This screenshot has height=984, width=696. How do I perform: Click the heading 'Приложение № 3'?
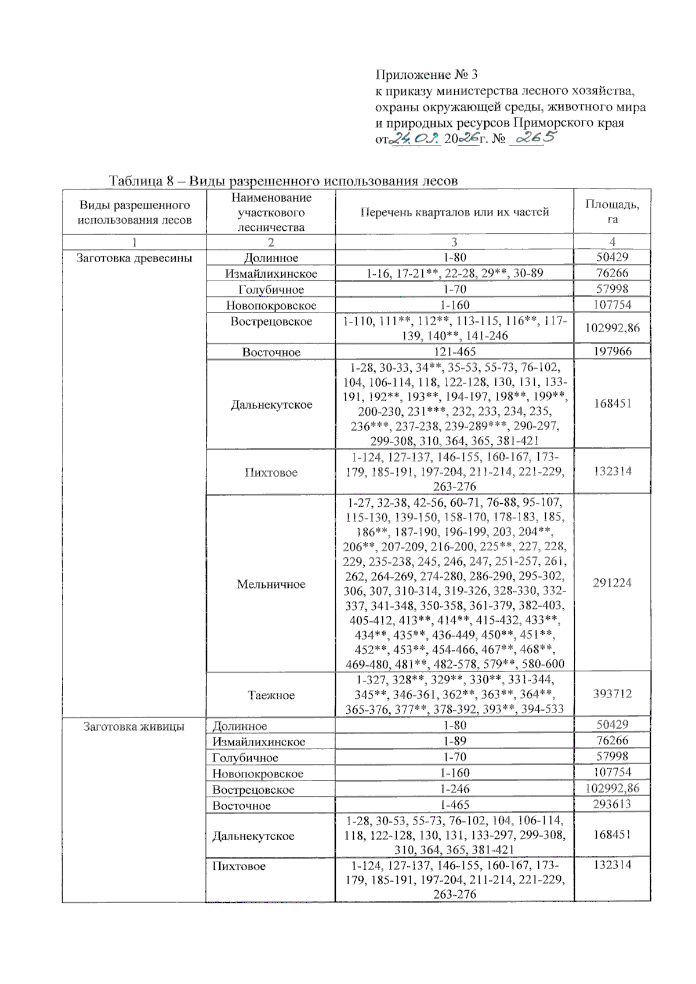tap(426, 75)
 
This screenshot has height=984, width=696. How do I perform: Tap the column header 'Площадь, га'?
tap(612, 212)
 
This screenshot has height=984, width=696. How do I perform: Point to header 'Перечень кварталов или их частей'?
tap(454, 212)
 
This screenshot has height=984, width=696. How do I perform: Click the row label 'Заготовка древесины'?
tap(134, 258)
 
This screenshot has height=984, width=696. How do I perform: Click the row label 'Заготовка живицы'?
tap(134, 726)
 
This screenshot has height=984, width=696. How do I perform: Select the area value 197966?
tap(612, 351)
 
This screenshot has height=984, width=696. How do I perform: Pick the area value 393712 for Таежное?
tap(612, 693)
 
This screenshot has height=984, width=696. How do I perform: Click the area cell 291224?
tap(612, 583)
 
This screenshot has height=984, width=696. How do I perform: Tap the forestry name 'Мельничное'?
tap(271, 584)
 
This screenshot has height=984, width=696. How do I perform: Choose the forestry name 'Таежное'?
tap(271, 695)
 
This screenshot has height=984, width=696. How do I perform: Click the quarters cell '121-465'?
tap(454, 352)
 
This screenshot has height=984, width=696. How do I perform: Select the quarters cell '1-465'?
tap(454, 805)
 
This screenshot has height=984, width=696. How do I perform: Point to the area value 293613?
tap(612, 804)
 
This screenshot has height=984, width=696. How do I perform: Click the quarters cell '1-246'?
tap(454, 789)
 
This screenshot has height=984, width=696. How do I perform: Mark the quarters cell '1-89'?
tap(454, 741)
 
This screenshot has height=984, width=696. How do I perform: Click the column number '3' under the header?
tap(454, 242)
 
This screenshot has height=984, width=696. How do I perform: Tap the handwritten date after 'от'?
tap(415, 139)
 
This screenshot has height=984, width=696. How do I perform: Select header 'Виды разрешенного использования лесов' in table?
tap(134, 212)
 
